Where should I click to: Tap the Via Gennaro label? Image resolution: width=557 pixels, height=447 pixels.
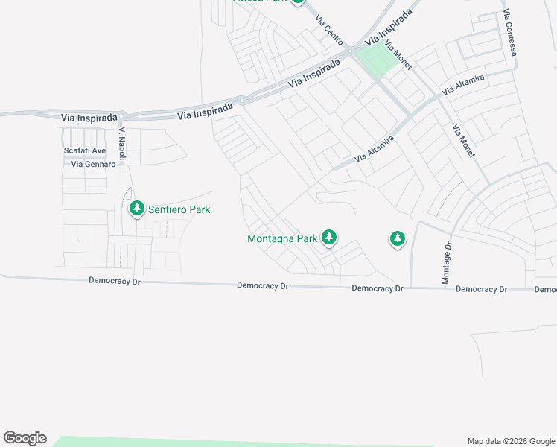coord(93,164)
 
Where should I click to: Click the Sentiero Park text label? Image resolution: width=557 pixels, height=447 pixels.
coord(179,209)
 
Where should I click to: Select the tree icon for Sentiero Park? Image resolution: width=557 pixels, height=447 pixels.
coord(136,209)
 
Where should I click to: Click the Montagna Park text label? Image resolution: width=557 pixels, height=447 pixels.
coord(282,239)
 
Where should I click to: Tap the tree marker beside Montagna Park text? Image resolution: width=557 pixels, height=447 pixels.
coord(329,238)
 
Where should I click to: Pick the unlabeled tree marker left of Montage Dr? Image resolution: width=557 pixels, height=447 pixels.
coord(398,239)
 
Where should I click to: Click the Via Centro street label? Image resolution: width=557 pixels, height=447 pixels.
coord(328,28)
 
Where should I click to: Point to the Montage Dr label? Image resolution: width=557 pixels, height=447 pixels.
coord(448,263)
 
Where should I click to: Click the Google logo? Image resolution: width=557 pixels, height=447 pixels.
coord(25,438)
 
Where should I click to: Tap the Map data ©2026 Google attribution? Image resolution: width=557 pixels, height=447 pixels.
coord(511,441)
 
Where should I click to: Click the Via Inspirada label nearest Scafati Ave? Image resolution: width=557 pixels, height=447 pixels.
coord(89,118)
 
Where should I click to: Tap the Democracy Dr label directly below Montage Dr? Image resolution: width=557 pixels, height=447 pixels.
coord(481,289)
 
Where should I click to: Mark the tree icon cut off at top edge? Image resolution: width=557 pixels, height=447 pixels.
coord(298,1)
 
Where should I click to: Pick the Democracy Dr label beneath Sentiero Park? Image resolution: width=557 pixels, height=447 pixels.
coord(114,281)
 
